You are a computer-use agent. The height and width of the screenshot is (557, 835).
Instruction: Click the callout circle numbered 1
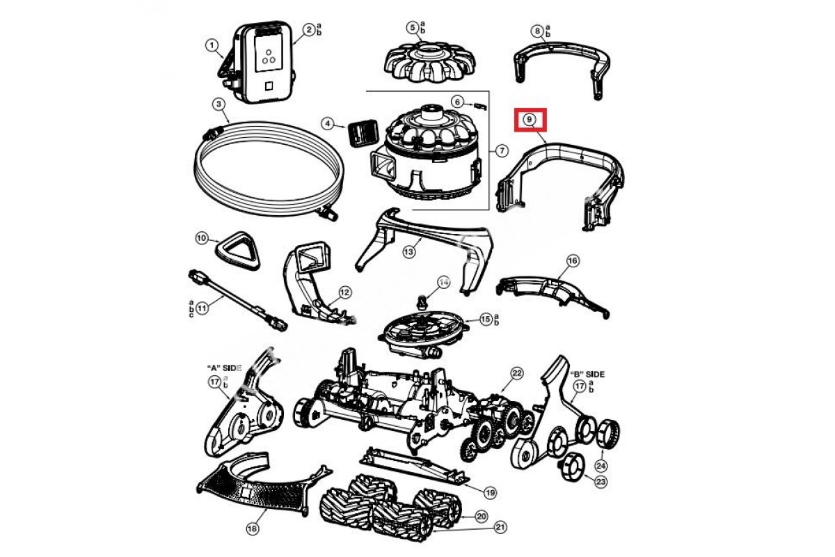point(211,45)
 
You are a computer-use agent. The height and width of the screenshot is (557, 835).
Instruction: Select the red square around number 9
point(531,120)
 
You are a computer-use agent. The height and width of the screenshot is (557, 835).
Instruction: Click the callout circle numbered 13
point(409,251)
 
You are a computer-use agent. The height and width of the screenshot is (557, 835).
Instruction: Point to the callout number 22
point(517,373)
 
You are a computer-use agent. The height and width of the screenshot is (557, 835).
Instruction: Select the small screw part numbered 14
point(422,301)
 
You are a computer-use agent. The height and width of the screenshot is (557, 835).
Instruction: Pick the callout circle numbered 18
point(252,528)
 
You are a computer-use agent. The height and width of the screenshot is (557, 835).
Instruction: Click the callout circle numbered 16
point(573,260)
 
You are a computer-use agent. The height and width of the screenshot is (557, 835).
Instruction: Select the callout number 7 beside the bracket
point(501,150)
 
